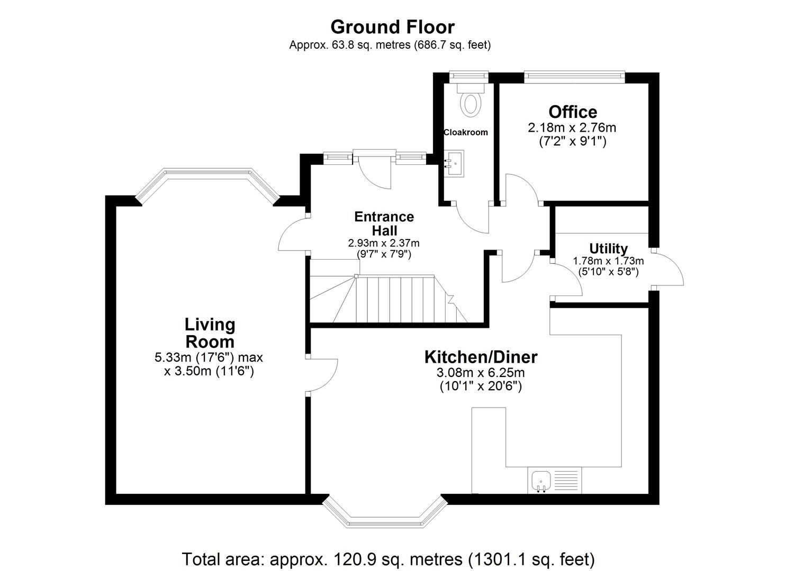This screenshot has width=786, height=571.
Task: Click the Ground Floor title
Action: click(392, 27)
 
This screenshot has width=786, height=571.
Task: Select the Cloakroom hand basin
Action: click(454, 163)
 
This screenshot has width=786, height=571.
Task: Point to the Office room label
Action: click(573, 112)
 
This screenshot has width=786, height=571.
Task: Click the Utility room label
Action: click(608, 248)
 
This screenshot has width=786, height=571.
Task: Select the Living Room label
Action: click(210, 333)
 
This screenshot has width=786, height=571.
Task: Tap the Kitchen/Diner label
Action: click(481, 357)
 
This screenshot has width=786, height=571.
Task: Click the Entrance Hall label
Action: click(384, 224)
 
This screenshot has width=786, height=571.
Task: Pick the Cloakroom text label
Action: click(466, 132)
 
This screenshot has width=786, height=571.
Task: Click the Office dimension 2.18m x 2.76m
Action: click(572, 128)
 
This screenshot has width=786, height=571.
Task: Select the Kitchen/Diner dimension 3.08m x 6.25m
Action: click(481, 373)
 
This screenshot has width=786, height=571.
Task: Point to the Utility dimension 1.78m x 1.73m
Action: click(608, 261)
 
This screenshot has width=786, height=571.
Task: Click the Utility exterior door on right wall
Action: click(668, 269)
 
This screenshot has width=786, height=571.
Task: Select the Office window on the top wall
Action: click(574, 77)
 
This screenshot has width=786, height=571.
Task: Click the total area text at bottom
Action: click(389, 559)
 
